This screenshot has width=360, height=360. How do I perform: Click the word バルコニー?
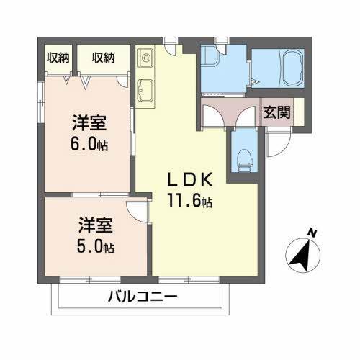[143, 296]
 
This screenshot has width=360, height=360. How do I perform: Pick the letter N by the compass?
[312, 233]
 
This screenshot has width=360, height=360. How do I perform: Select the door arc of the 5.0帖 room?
[135, 210]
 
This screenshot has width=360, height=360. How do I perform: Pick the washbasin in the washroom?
[210, 58]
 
